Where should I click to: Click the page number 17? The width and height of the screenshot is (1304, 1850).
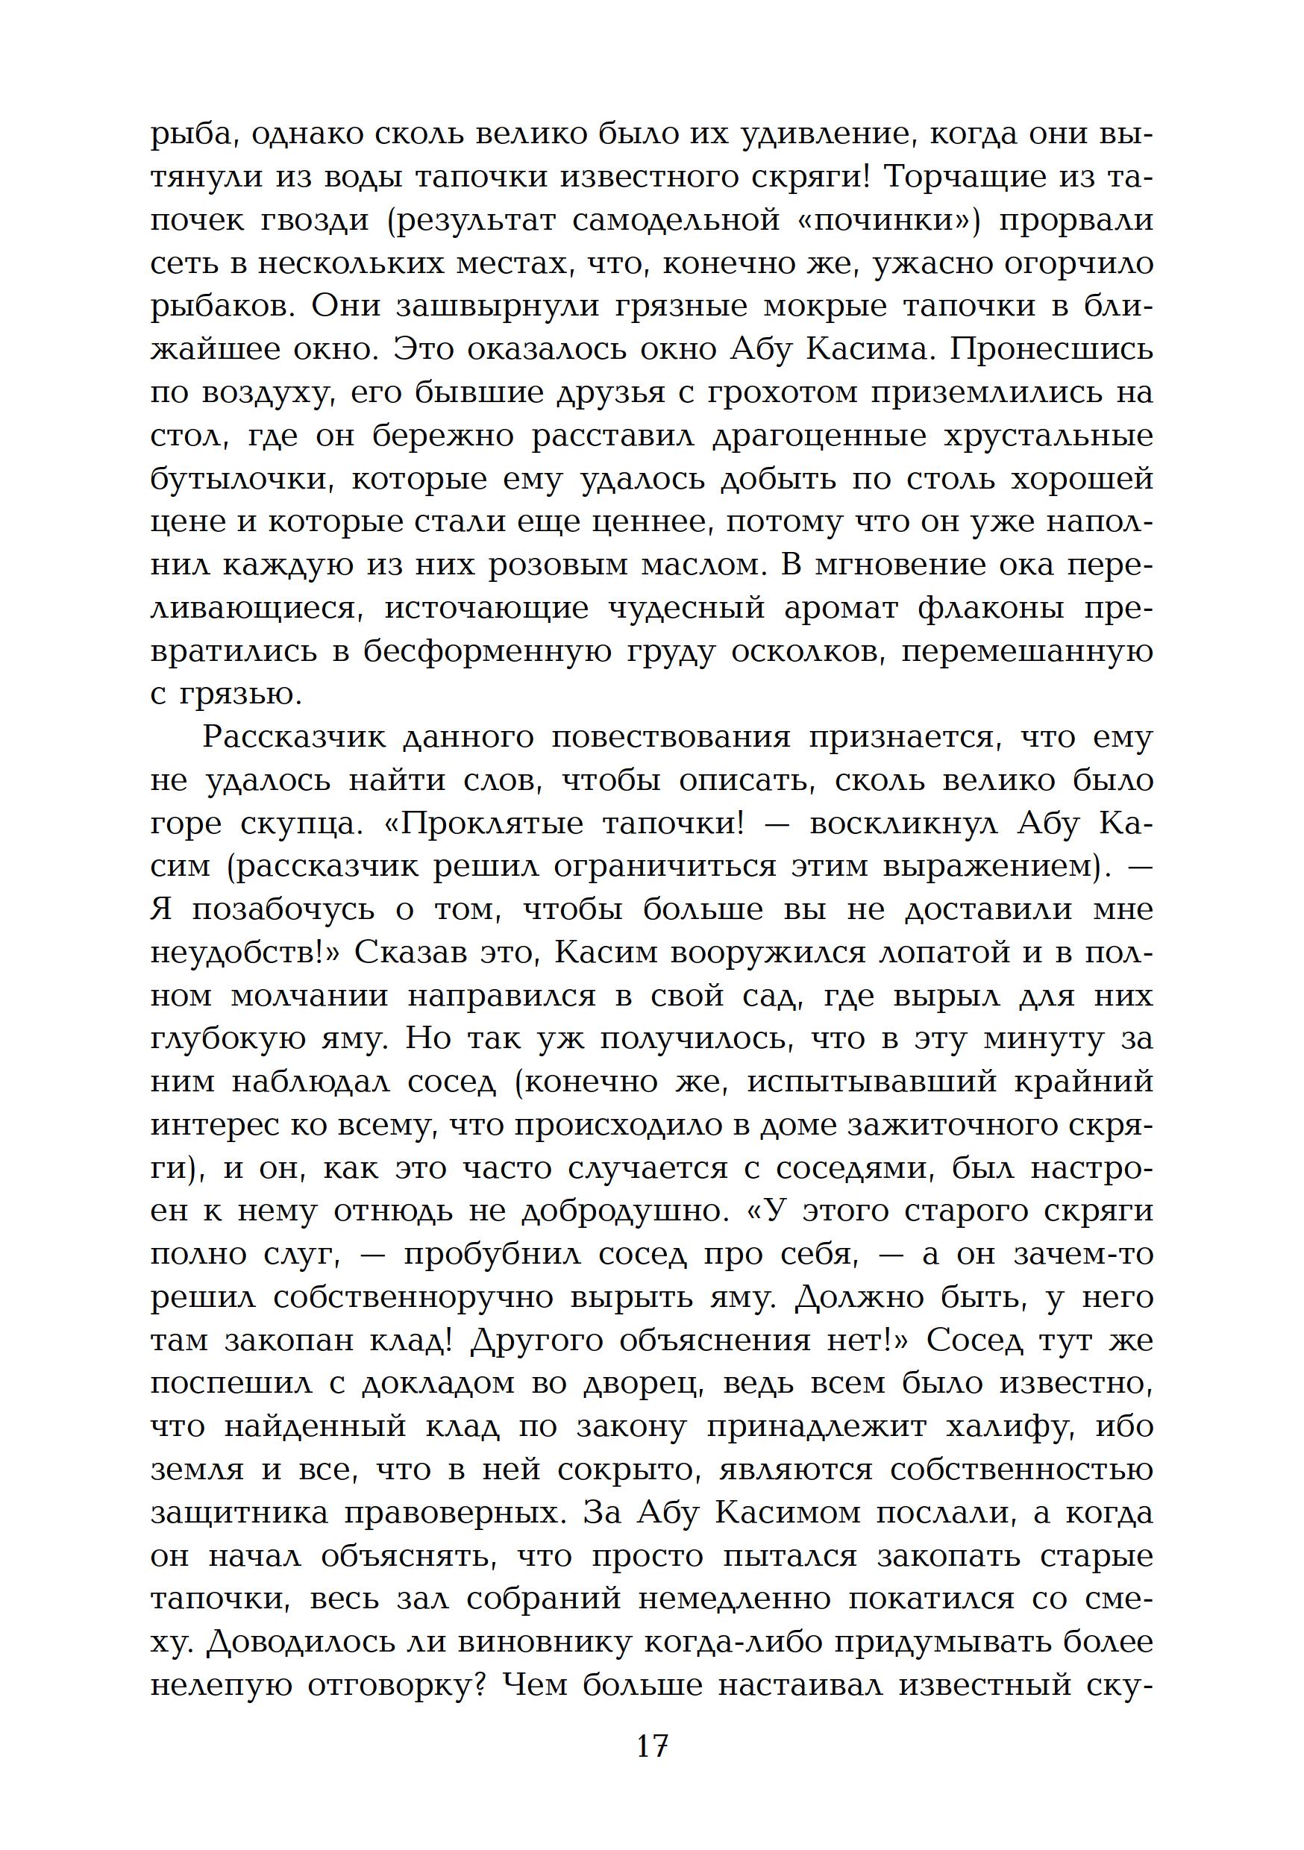coord(651,1748)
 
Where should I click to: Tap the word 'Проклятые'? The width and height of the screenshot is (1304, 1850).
coord(488,824)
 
